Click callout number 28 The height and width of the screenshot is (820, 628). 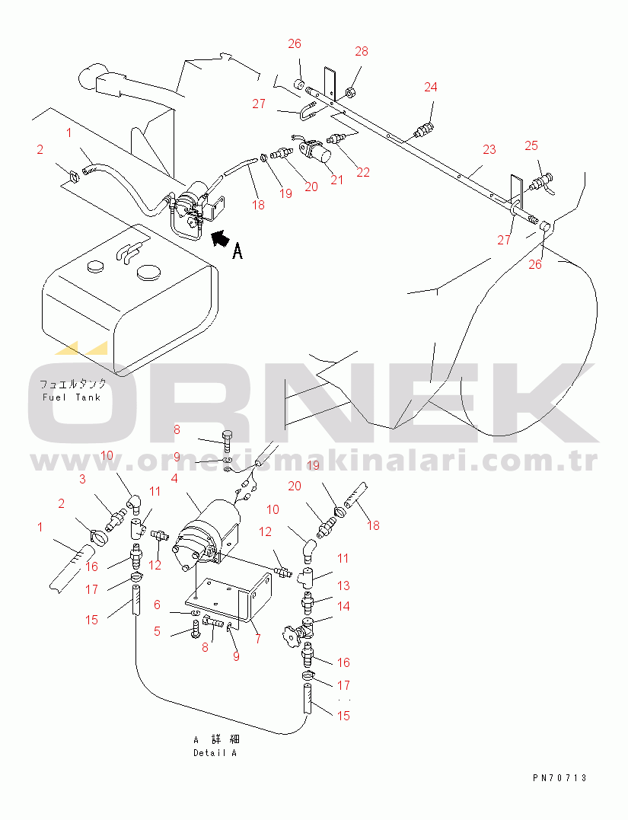point(362,51)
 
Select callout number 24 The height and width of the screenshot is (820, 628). point(430,87)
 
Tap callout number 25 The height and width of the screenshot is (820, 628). point(531,145)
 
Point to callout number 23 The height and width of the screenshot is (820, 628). point(489,149)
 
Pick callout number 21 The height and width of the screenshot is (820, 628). point(336,180)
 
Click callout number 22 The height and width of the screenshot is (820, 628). point(363,173)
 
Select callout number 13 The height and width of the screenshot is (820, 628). point(343,585)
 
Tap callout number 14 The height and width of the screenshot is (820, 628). point(343,606)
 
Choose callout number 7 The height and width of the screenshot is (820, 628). point(258,639)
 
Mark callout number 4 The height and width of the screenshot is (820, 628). point(174,478)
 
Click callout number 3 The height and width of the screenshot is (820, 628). point(82,479)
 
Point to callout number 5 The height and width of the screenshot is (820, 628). point(157,631)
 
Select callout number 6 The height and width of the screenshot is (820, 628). point(157,605)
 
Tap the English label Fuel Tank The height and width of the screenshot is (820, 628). point(71,397)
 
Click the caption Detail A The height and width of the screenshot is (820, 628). point(215,753)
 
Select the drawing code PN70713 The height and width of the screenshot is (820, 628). point(559,777)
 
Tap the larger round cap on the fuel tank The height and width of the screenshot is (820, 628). point(149,273)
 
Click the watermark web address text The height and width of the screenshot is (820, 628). point(314,461)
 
